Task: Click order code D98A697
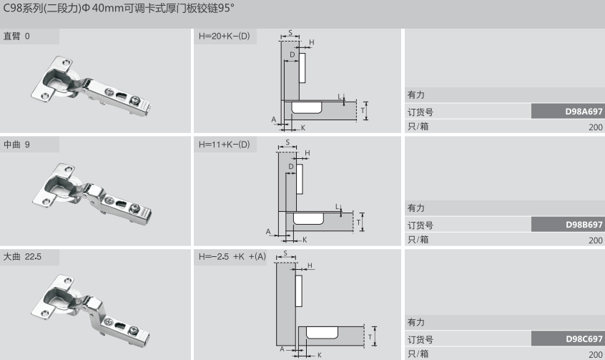pyautogui.click(x=584, y=112)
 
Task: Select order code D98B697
pyautogui.click(x=584, y=225)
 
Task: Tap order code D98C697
pyautogui.click(x=584, y=339)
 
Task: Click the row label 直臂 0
pyautogui.click(x=17, y=36)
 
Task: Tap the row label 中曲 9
pyautogui.click(x=17, y=145)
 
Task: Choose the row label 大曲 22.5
pyautogui.click(x=22, y=256)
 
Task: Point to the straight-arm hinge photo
pyautogui.click(x=92, y=88)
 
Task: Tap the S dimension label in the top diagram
pyautogui.click(x=290, y=33)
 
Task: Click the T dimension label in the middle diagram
pyautogui.click(x=358, y=223)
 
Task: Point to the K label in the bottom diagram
pyautogui.click(x=318, y=354)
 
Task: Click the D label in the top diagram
pyautogui.click(x=292, y=54)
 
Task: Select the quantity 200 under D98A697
pyautogui.click(x=595, y=127)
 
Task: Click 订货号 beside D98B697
pyautogui.click(x=420, y=225)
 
